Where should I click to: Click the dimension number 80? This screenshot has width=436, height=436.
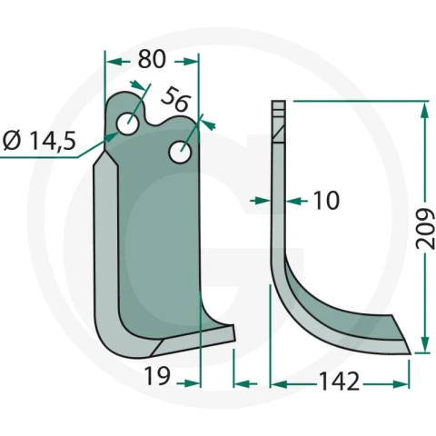152,59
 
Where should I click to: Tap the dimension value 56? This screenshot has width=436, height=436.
175,99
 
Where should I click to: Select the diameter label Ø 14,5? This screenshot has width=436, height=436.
39,141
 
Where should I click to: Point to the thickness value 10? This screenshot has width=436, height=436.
325,201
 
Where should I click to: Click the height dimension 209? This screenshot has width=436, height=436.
425,228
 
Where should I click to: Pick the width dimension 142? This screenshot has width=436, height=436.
340,381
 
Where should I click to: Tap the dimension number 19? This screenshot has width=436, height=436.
157,375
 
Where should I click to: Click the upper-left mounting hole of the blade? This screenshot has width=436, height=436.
128,124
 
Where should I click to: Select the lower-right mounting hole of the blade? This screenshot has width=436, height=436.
180,153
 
